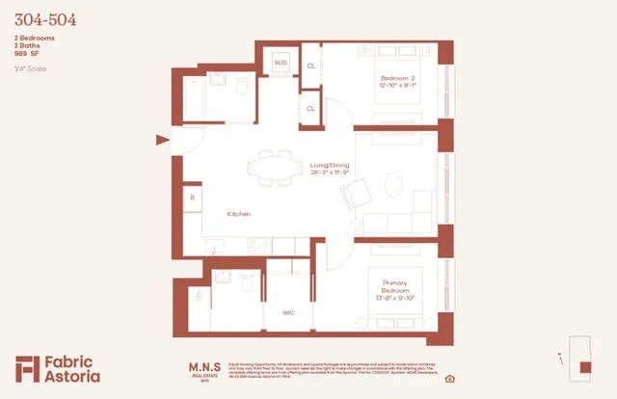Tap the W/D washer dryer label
click(x=282, y=63)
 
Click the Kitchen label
click(x=239, y=214)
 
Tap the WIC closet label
click(x=288, y=313)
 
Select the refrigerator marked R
click(x=192, y=198)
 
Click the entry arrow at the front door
click(x=162, y=141)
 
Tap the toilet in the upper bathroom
click(x=243, y=90)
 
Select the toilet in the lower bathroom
click(x=248, y=282)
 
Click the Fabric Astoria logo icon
click(x=28, y=369)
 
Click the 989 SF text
click(x=28, y=53)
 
